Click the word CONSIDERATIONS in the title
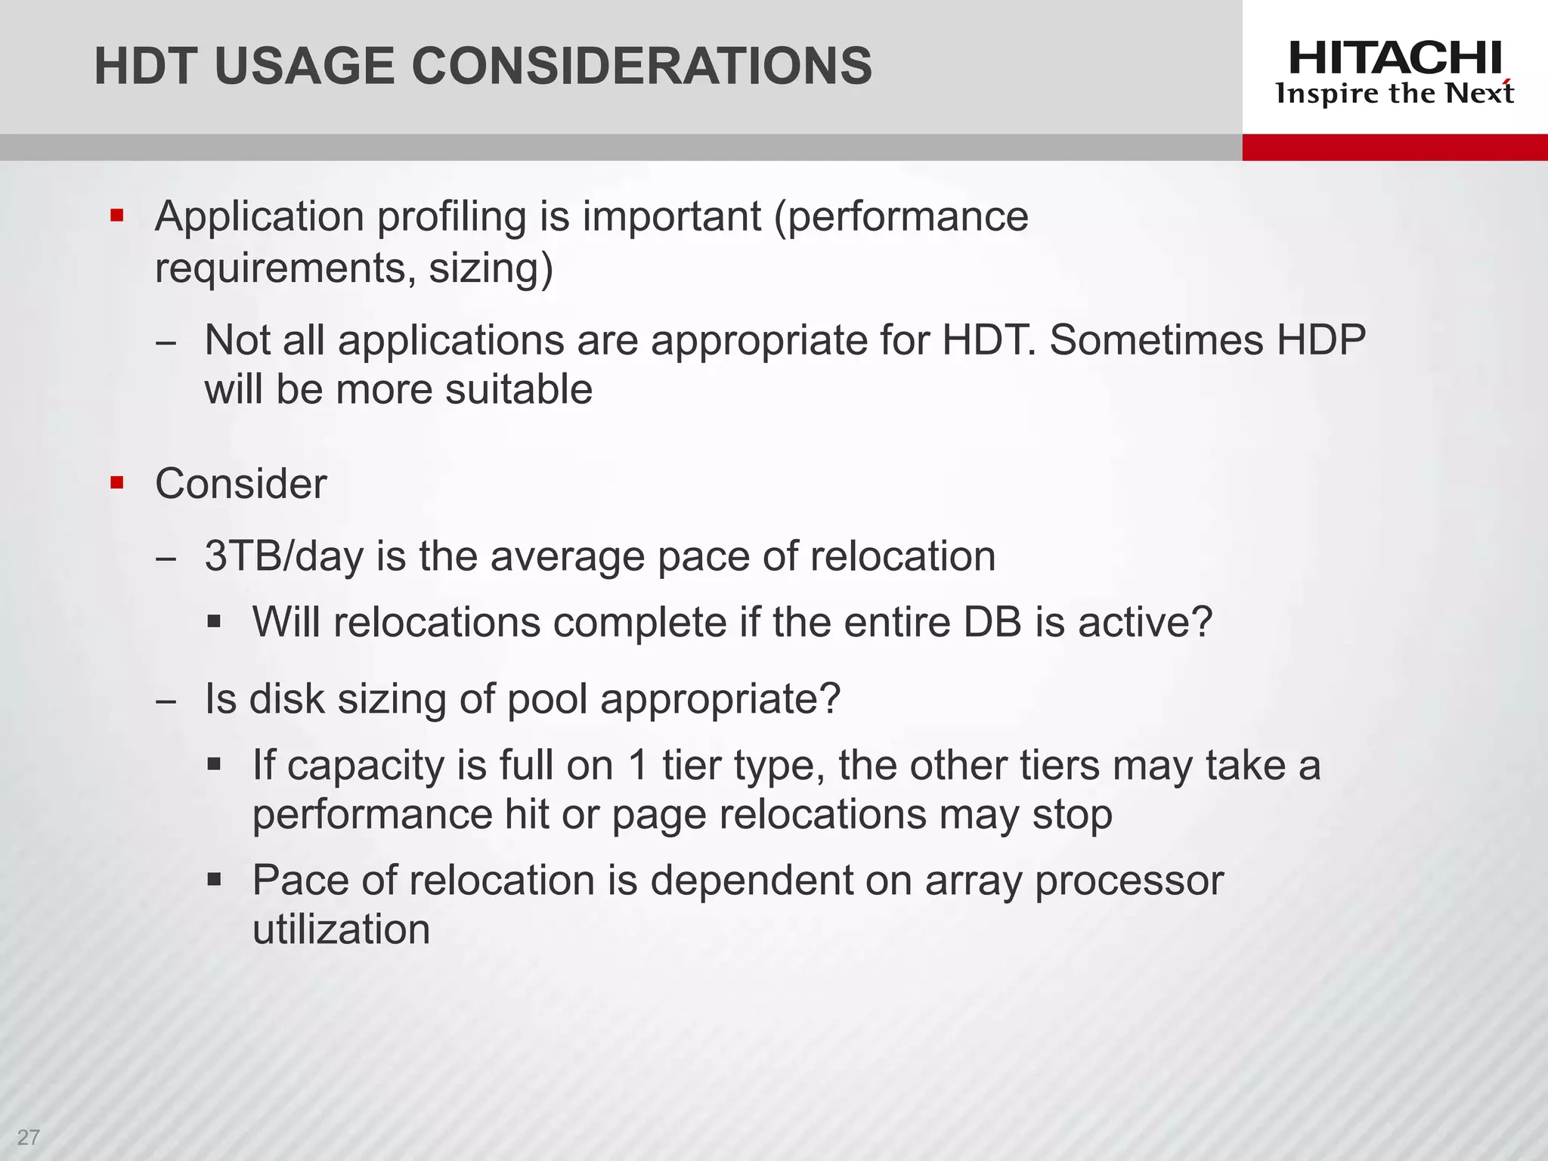pos(642,66)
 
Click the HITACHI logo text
pos(1395,58)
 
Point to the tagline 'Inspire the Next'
pos(1395,94)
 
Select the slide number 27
pos(28,1137)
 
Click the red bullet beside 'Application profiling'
pos(116,216)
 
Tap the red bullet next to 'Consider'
pos(116,482)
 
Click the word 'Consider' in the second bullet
pos(241,484)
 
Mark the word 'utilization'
pos(341,930)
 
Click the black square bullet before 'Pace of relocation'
pos(215,879)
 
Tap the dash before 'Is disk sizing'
pos(166,701)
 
